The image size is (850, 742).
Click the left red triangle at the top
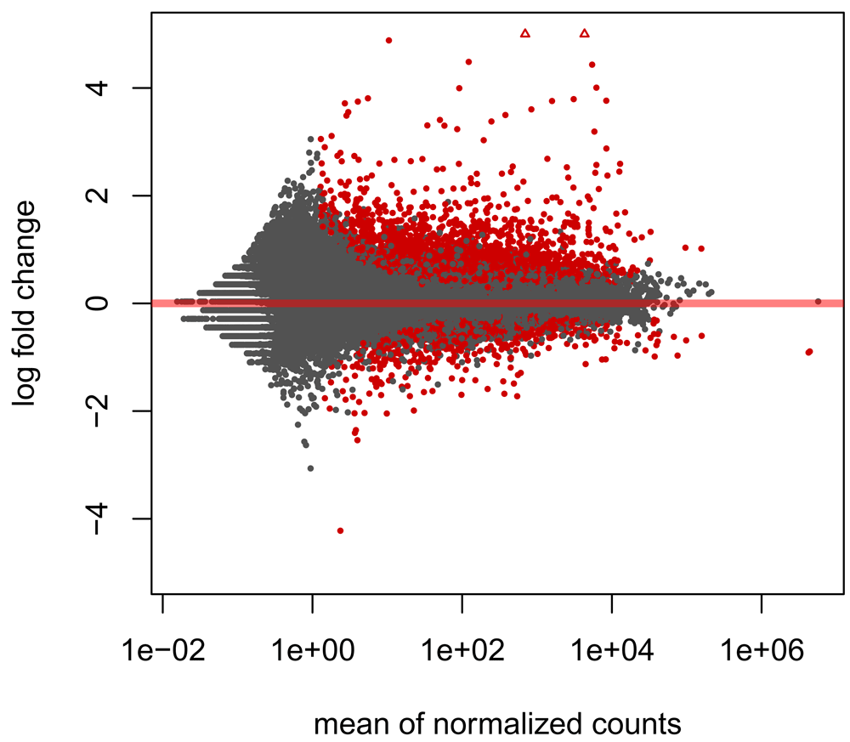tap(525, 33)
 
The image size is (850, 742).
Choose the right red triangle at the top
tap(584, 33)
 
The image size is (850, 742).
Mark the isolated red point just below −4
tap(340, 530)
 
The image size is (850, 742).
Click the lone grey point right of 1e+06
tap(818, 301)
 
